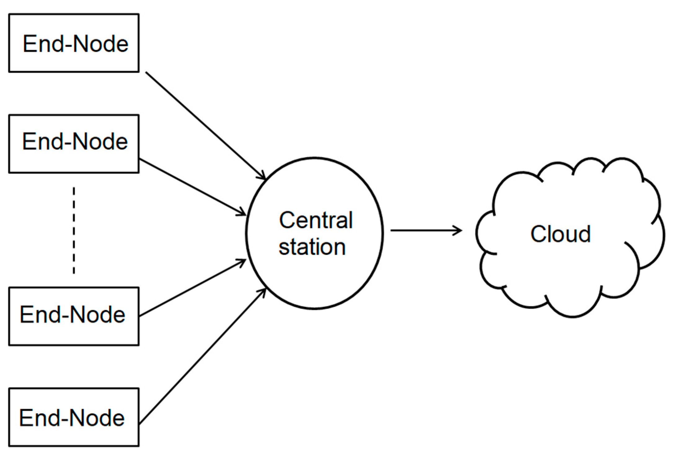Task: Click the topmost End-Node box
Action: coord(74,43)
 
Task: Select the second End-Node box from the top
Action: coord(74,144)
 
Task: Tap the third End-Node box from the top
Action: coord(74,316)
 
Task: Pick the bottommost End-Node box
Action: coord(74,417)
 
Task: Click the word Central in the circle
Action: coord(316,220)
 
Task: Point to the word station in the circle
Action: coord(312,247)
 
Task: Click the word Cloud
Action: coord(560,234)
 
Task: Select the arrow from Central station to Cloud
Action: coord(424,230)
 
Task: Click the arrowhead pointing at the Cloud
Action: coord(459,230)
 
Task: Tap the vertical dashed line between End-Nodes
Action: coord(74,231)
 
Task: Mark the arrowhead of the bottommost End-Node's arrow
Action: coord(263,292)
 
